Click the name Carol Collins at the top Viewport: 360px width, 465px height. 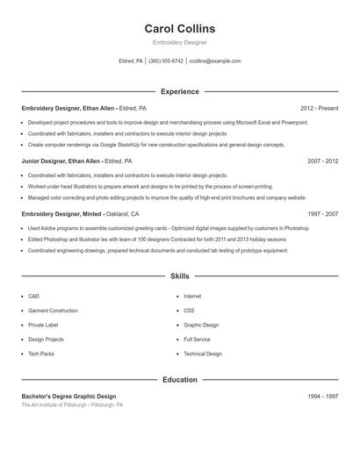click(179, 29)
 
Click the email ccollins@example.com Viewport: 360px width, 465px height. click(215, 61)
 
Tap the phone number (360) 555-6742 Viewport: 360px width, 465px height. click(166, 61)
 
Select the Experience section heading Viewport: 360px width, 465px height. click(179, 91)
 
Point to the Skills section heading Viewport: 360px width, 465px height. click(179, 275)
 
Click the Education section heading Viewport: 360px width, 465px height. click(179, 380)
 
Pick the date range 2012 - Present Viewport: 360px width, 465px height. click(319, 108)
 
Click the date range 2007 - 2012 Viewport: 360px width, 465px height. click(322, 161)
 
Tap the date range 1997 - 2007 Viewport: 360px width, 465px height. click(322, 214)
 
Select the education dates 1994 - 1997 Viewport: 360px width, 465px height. click(322, 397)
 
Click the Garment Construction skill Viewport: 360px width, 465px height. click(53, 311)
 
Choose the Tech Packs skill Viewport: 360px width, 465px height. click(40, 354)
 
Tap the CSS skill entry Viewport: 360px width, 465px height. click(189, 311)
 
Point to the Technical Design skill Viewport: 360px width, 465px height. click(203, 354)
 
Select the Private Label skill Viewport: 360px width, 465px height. click(43, 325)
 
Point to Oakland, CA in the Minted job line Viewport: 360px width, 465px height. click(123, 214)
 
